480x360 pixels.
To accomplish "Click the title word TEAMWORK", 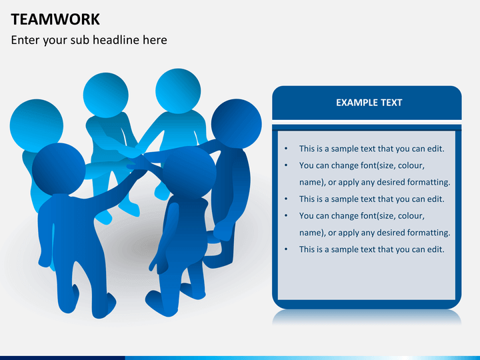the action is tap(55, 19).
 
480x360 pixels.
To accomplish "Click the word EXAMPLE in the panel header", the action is tap(353, 103).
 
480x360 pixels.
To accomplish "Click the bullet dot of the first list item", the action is tap(286, 149).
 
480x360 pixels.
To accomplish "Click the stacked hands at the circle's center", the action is tap(136, 155).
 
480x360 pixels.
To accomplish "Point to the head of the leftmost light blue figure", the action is tap(37, 125).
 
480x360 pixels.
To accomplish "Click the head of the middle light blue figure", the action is tap(105, 95).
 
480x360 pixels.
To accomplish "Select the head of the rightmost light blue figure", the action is tap(178, 91).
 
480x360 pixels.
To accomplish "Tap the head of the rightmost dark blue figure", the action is tap(236, 124).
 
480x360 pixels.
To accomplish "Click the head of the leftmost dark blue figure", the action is tap(59, 169).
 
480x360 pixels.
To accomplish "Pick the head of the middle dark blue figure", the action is tap(189, 173).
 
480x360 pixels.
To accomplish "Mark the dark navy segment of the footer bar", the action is tap(63, 358).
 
